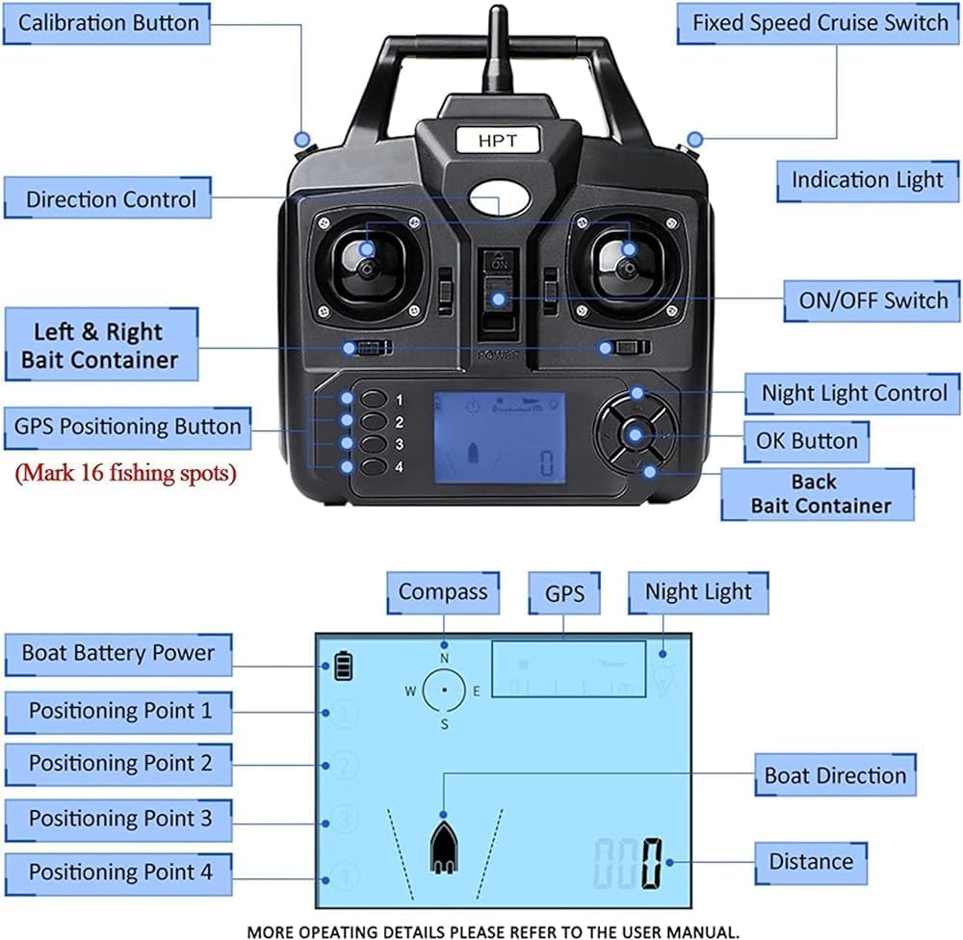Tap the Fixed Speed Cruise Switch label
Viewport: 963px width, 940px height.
tap(820, 23)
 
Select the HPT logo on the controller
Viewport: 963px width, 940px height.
tap(498, 141)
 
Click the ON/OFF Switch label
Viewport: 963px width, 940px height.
tap(873, 300)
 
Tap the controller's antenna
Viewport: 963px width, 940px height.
tap(497, 48)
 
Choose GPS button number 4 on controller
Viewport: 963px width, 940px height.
tap(376, 467)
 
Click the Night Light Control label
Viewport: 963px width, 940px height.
tap(854, 393)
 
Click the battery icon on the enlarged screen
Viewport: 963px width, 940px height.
tap(344, 666)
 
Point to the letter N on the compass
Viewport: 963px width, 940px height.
tap(444, 658)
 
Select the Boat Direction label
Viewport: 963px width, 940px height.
tap(835, 775)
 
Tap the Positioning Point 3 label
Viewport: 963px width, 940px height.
tap(119, 819)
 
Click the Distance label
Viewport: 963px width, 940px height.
tap(810, 862)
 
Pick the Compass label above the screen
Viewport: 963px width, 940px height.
tap(443, 591)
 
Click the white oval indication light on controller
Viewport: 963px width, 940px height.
tap(499, 198)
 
